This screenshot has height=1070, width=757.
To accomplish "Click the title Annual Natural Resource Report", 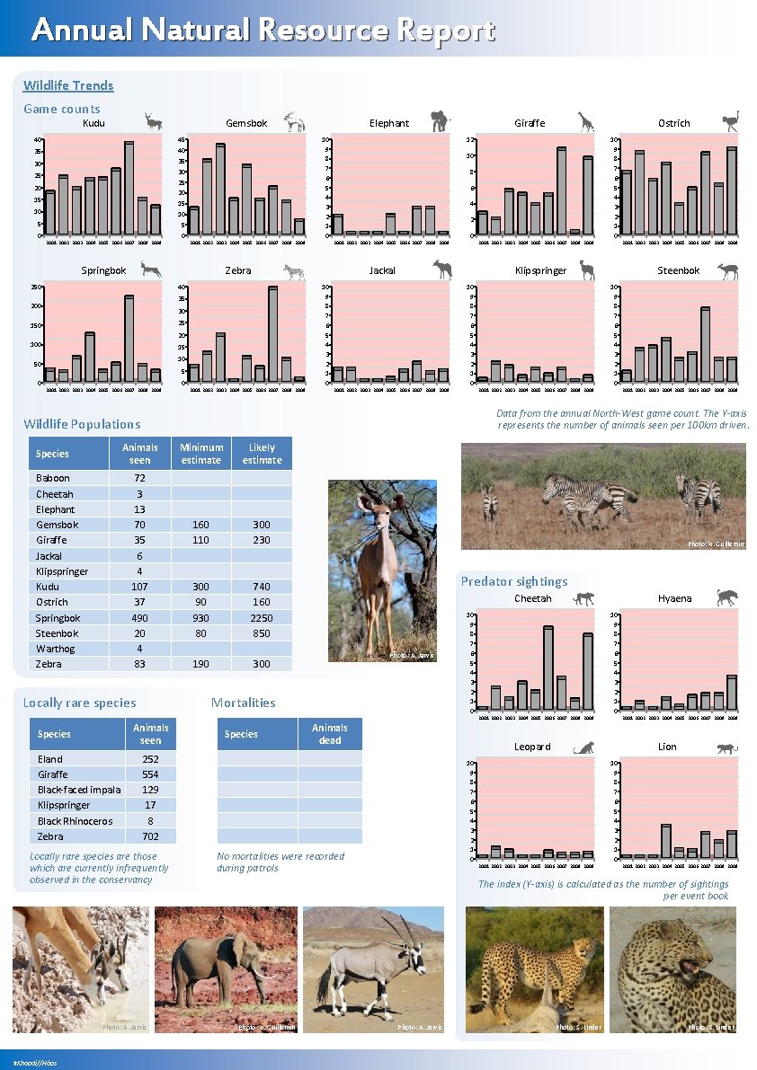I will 263,31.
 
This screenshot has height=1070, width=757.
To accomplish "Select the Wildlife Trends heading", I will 68,85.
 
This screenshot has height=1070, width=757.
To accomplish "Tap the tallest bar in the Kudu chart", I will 129,187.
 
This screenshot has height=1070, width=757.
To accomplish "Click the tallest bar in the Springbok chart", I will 129,339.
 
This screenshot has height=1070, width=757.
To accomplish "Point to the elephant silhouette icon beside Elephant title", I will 440,121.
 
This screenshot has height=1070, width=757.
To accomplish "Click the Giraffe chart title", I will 529,123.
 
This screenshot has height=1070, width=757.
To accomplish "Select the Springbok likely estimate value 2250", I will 262,618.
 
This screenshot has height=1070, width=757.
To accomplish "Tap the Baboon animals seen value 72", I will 139,478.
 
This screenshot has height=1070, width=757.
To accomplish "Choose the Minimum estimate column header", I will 200,454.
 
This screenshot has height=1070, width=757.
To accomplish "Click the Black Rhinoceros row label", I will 75,821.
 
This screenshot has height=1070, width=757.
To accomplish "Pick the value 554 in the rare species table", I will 150,774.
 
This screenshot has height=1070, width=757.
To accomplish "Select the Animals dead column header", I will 329,734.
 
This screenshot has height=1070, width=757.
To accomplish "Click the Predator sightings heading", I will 514,581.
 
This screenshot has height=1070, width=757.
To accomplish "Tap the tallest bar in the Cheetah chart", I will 548,668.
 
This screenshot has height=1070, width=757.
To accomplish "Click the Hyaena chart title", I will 674,598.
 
